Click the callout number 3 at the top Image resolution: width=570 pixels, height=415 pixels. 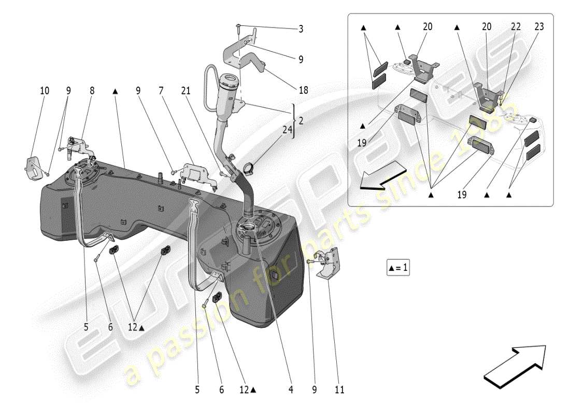tap(301, 29)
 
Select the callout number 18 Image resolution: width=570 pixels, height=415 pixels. tap(303, 90)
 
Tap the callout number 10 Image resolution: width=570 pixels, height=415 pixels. tap(45, 91)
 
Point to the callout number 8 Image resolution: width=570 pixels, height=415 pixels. tap(92, 91)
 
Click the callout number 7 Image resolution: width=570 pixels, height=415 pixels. tap(161, 91)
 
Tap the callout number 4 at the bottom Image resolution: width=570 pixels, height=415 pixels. tap(291, 389)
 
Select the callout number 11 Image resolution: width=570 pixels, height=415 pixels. tap(340, 389)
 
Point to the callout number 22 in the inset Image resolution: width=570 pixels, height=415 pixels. tap(516, 26)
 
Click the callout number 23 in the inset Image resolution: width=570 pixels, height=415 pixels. tap(539, 26)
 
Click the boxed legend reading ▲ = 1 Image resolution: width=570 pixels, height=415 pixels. tap(398, 268)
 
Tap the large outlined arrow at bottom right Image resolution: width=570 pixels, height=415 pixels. tap(514, 366)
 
